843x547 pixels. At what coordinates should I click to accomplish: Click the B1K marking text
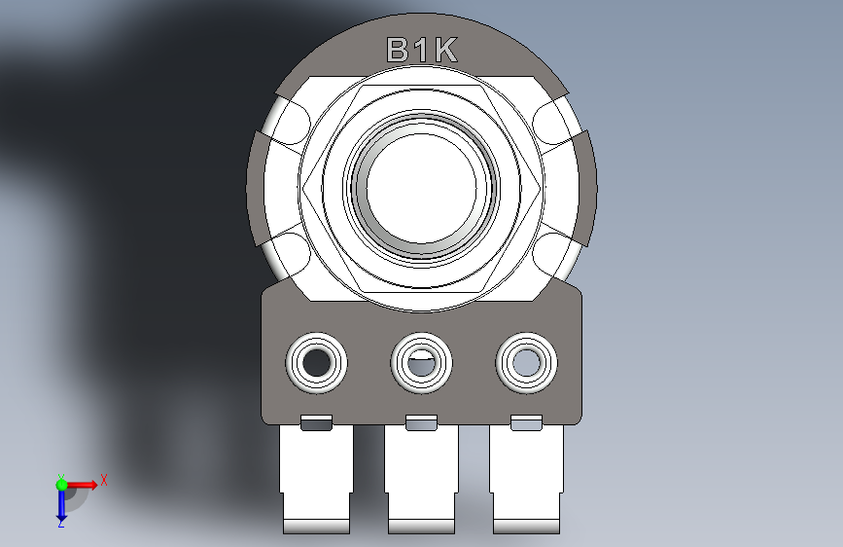(422, 50)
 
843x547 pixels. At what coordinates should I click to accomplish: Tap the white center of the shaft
(422, 187)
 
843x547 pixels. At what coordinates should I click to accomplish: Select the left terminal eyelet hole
(316, 362)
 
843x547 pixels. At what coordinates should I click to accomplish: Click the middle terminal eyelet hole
(422, 362)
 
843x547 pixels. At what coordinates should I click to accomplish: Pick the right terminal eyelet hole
(526, 362)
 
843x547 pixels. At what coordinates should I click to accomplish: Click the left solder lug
(316, 478)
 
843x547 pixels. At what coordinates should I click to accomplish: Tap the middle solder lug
(422, 478)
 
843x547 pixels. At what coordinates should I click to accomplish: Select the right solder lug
(526, 478)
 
